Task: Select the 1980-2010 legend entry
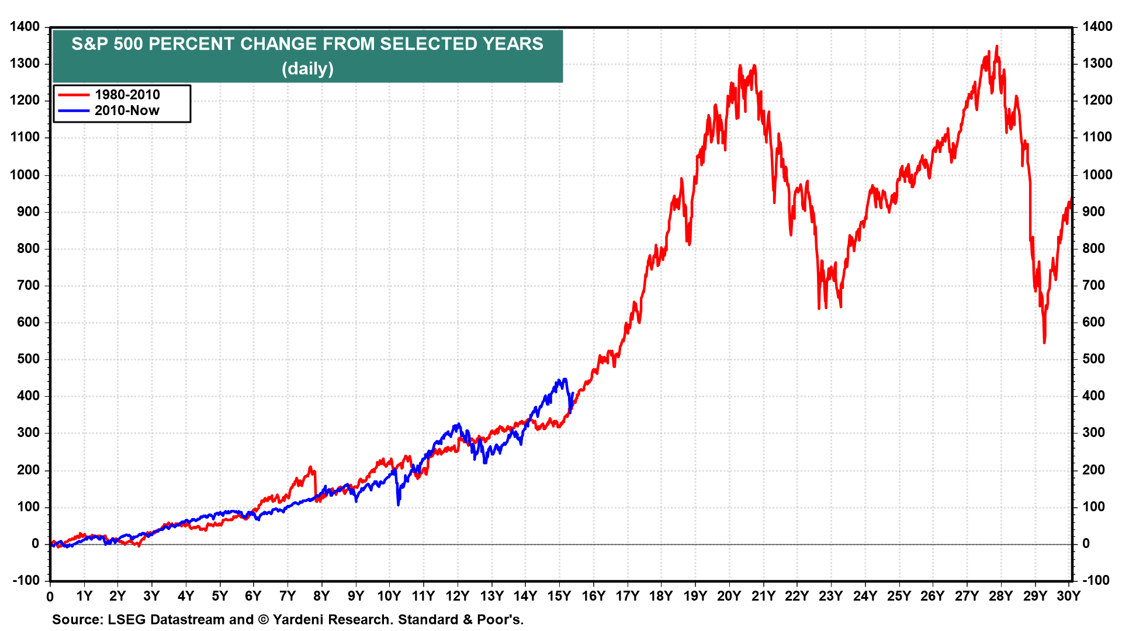click(x=127, y=95)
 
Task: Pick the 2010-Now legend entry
click(x=127, y=110)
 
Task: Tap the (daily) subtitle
click(x=307, y=69)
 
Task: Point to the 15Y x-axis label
click(x=559, y=596)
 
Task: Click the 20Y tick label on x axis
click(x=729, y=596)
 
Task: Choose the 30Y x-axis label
click(x=1068, y=596)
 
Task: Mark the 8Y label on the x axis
click(x=321, y=596)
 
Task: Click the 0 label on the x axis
click(x=50, y=597)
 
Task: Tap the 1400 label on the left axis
click(x=25, y=26)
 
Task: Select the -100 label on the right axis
click(x=1096, y=580)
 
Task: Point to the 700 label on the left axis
click(x=28, y=285)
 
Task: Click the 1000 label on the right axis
click(x=1097, y=175)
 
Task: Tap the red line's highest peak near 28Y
click(x=996, y=46)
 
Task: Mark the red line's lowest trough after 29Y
click(x=1044, y=342)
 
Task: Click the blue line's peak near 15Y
click(x=565, y=379)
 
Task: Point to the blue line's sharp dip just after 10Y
click(x=399, y=504)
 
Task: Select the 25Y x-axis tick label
click(x=899, y=596)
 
